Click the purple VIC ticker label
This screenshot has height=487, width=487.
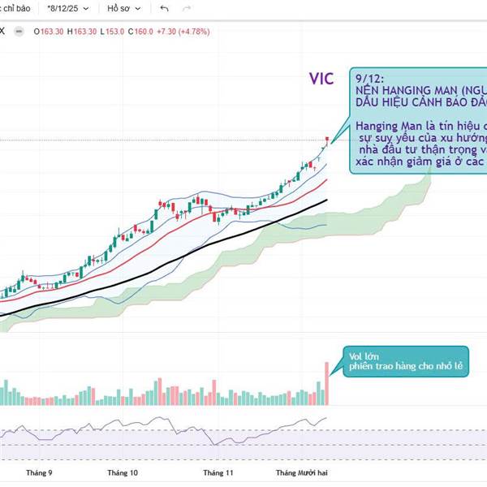coord(321,79)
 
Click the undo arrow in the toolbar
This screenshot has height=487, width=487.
coord(165,9)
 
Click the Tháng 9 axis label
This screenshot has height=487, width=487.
coord(39,472)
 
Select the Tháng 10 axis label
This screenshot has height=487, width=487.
coord(123,472)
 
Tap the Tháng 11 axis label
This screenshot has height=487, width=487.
coord(218,472)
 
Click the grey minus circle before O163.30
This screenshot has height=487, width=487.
coord(37,31)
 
